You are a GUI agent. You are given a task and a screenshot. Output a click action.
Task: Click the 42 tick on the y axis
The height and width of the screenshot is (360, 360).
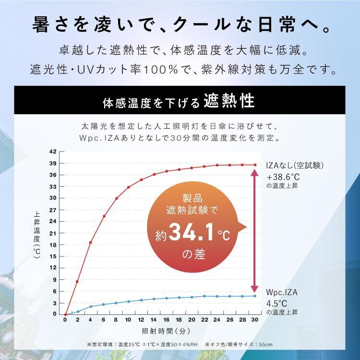[x=54, y=152]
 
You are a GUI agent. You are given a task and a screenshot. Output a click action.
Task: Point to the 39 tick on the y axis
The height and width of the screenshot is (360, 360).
[x=54, y=163]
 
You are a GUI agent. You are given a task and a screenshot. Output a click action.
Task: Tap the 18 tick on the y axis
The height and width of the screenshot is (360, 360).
[x=54, y=244]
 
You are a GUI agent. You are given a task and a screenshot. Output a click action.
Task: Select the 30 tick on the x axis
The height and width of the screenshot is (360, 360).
[x=255, y=319]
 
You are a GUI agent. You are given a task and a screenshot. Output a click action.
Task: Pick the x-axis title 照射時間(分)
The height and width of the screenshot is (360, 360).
[x=160, y=331]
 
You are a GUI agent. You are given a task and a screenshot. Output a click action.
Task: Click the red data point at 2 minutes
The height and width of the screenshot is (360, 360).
[x=77, y=281]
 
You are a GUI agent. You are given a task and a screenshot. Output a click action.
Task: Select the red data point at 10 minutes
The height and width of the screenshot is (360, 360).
[x=128, y=187]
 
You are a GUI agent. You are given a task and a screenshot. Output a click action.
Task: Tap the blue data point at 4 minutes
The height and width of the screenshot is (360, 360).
[x=90, y=306]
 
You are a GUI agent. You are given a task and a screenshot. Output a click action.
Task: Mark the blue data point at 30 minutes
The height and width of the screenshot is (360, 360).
[x=255, y=296]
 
